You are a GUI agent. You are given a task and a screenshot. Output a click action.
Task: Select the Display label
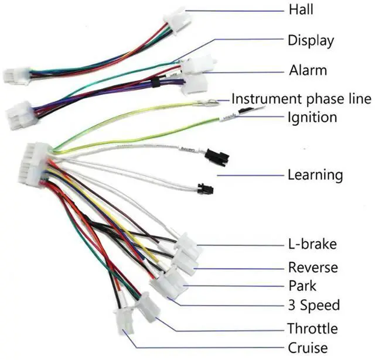click(x=311, y=40)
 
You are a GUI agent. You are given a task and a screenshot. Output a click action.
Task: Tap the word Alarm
click(x=308, y=71)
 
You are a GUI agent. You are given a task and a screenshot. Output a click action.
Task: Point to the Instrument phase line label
click(x=301, y=98)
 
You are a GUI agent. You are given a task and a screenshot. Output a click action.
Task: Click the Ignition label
click(x=312, y=117)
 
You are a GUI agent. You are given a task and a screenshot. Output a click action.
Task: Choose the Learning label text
click(x=315, y=174)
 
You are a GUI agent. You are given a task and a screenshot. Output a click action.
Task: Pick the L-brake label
click(x=312, y=244)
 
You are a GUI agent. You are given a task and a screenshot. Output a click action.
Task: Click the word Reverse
click(x=313, y=268)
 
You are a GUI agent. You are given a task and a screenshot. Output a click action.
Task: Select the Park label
click(x=302, y=286)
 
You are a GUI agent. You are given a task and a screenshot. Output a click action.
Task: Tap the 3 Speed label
click(x=314, y=305)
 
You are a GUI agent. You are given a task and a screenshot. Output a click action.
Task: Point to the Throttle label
click(x=312, y=327)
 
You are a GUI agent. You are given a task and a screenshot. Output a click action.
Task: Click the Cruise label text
click(x=308, y=347)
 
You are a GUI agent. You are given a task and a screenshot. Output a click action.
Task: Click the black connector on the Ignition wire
click(x=217, y=157)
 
